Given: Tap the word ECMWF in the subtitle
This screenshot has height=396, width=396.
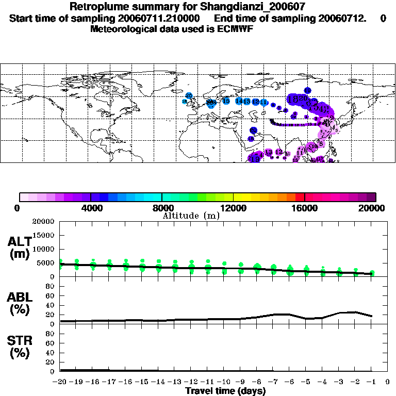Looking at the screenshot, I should [x=236, y=29].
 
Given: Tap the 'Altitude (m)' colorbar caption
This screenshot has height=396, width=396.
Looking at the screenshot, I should [x=191, y=216].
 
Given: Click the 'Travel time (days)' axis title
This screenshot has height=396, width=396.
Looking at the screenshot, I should [x=225, y=391].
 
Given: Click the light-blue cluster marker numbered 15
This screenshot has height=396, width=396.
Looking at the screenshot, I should [x=226, y=101].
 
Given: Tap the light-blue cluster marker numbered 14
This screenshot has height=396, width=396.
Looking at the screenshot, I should [x=239, y=101].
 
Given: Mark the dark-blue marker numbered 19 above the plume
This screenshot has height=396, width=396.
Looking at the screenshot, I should [x=307, y=91].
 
